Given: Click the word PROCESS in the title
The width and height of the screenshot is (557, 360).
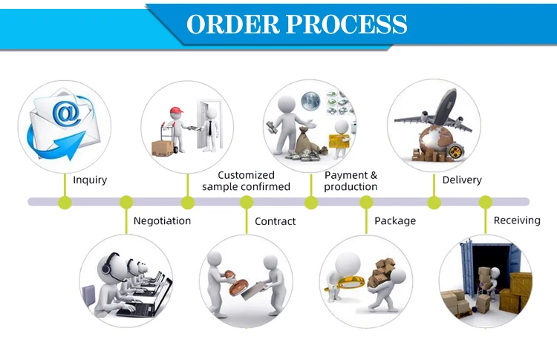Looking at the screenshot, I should click(x=347, y=24).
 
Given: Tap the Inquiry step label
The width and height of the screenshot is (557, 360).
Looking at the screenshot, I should click(x=90, y=180).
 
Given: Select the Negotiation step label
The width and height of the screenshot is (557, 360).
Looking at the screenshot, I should click(x=162, y=220).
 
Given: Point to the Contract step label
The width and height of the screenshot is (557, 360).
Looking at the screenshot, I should click(x=275, y=221).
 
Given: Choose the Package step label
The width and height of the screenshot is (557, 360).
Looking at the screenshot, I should click(x=395, y=220).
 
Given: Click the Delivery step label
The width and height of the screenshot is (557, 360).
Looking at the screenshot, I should click(x=462, y=180).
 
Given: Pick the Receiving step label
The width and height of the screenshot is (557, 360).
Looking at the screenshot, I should click(x=517, y=220).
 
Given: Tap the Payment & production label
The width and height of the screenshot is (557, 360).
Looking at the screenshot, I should click(x=351, y=180).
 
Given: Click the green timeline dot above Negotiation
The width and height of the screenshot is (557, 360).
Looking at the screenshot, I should click(x=126, y=201).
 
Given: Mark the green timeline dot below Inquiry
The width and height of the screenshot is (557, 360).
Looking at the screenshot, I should click(x=65, y=201).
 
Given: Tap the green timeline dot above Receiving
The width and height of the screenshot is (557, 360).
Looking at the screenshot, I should click(x=485, y=201).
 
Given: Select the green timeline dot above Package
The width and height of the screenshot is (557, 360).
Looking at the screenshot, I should click(x=366, y=201).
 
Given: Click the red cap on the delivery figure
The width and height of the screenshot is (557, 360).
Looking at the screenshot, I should click(x=175, y=112).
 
